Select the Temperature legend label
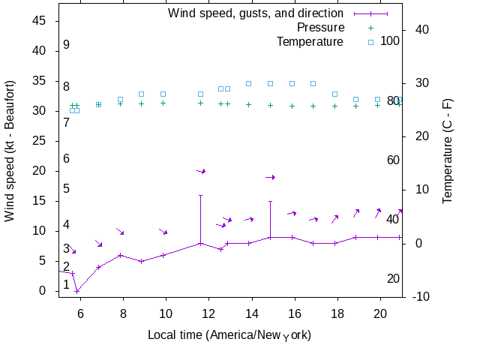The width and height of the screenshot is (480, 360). click(310, 41)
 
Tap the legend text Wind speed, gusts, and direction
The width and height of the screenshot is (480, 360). click(256, 13)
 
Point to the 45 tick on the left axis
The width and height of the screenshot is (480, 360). click(40, 21)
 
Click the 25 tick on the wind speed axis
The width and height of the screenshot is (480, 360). click(40, 141)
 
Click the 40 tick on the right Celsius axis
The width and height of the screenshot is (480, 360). click(421, 29)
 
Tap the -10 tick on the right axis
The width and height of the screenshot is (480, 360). click(421, 297)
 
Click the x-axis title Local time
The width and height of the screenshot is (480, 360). click(229, 334)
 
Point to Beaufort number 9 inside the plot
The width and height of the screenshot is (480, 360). click(66, 45)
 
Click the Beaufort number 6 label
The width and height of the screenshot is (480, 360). click(66, 159)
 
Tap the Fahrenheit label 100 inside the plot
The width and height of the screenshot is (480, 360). click(390, 40)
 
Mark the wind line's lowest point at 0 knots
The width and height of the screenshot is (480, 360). click(77, 291)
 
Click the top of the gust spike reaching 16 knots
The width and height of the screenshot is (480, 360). click(200, 195)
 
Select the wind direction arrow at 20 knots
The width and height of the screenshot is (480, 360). click(201, 171)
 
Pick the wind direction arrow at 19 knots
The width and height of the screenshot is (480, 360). click(271, 177)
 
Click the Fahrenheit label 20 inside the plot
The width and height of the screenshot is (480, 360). click(393, 279)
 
